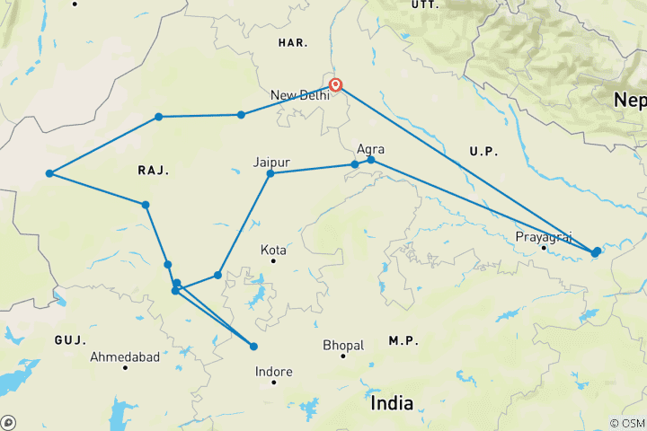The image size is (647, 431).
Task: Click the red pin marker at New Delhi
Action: (335, 85)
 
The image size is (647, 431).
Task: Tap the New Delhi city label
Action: (299, 95)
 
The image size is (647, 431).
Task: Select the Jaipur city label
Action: (271, 162)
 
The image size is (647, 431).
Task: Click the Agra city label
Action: (371, 149)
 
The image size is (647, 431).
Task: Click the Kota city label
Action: (273, 250)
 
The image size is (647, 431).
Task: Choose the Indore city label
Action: (274, 370)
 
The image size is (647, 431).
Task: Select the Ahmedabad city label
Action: (125, 357)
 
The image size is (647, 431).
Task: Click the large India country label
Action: (393, 403)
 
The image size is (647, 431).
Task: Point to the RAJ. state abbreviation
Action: (154, 170)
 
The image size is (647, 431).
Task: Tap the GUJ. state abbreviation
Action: (69, 340)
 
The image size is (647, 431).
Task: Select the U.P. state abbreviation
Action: (483, 154)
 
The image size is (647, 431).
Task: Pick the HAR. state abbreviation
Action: (293, 42)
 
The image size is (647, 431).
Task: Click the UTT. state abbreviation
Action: (423, 4)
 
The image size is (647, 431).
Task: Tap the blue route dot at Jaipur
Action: (270, 172)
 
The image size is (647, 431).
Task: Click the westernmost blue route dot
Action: (49, 173)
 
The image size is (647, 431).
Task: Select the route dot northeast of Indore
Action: (253, 347)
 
